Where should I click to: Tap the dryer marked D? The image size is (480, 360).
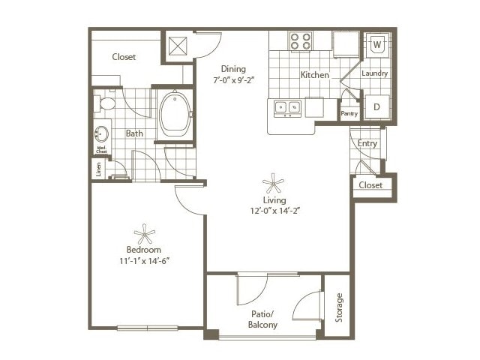pyautogui.click(x=377, y=106)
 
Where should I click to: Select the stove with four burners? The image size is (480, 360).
pyautogui.click(x=301, y=40)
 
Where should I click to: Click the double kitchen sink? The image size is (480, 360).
pyautogui.click(x=287, y=108)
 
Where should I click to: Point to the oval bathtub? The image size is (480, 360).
pyautogui.click(x=175, y=112)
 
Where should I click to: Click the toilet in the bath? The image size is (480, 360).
pyautogui.click(x=105, y=103)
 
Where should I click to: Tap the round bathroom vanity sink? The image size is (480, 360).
pyautogui.click(x=101, y=135)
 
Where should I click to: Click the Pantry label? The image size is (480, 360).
pyautogui.click(x=349, y=114)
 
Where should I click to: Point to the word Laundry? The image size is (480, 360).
pyautogui.click(x=374, y=73)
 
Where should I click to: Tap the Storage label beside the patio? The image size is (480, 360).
pyautogui.click(x=339, y=307)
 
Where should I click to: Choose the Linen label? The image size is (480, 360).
pyautogui.click(x=98, y=169)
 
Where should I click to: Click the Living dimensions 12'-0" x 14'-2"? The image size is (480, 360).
pyautogui.click(x=274, y=211)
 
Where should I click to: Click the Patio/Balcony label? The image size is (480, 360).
pyautogui.click(x=262, y=319)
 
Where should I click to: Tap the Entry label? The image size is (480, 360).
pyautogui.click(x=367, y=143)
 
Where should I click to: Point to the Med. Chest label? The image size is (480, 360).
pyautogui.click(x=100, y=150)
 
